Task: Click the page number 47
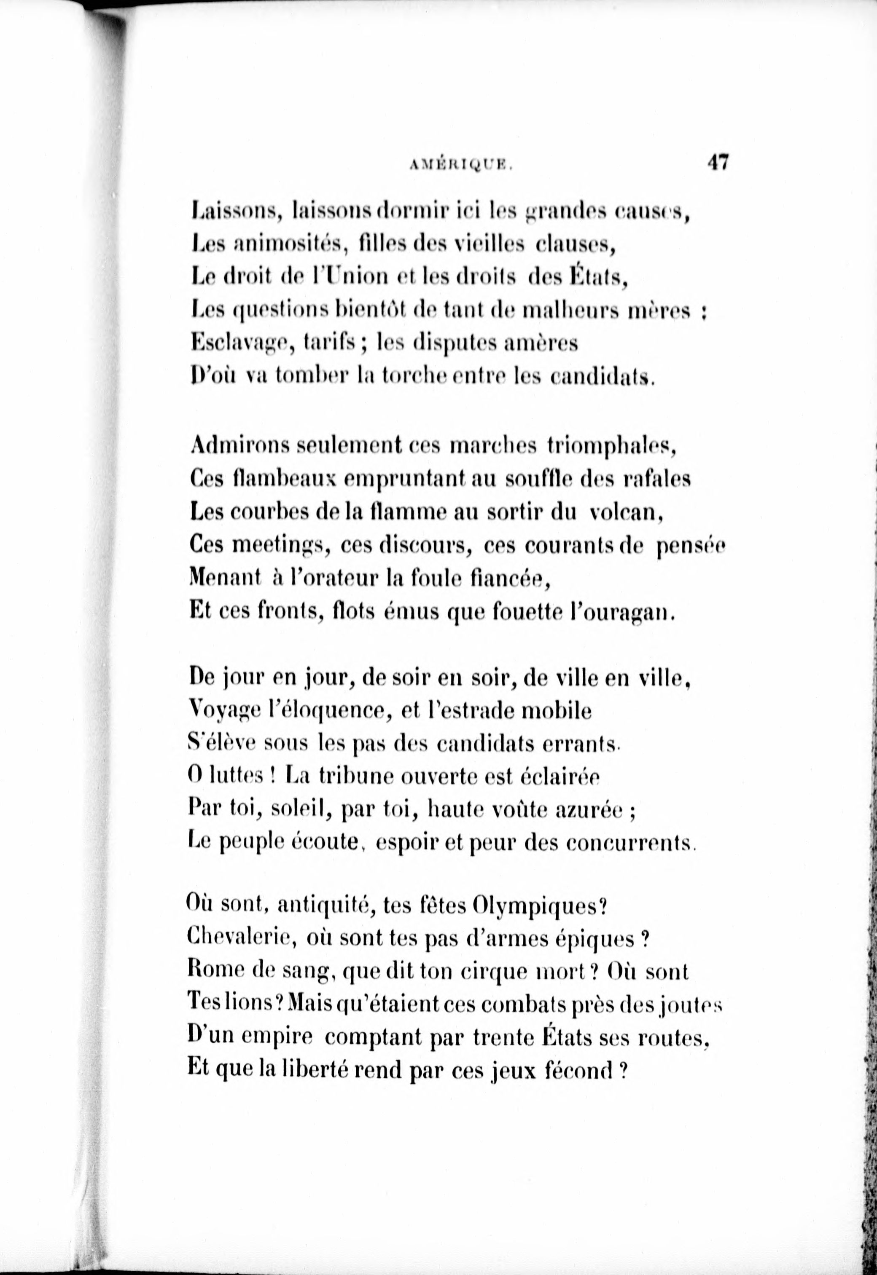(718, 163)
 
